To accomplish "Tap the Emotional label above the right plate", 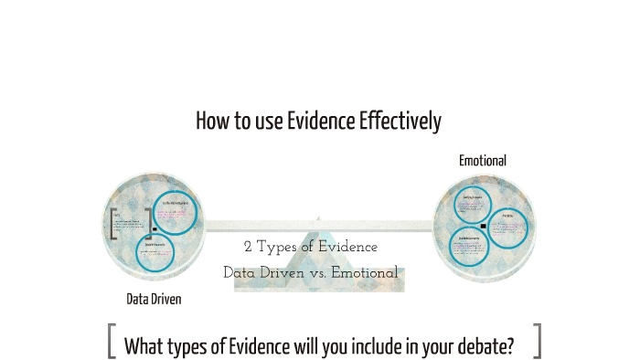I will [483, 161].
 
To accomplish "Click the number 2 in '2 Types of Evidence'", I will [248, 248].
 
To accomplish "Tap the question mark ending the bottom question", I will [508, 346].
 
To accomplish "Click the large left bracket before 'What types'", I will [112, 341].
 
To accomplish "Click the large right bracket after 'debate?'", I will [537, 341].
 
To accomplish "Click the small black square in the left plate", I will [155, 229].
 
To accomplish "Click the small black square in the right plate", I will [483, 225].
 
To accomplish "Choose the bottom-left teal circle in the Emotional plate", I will [473, 247].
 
